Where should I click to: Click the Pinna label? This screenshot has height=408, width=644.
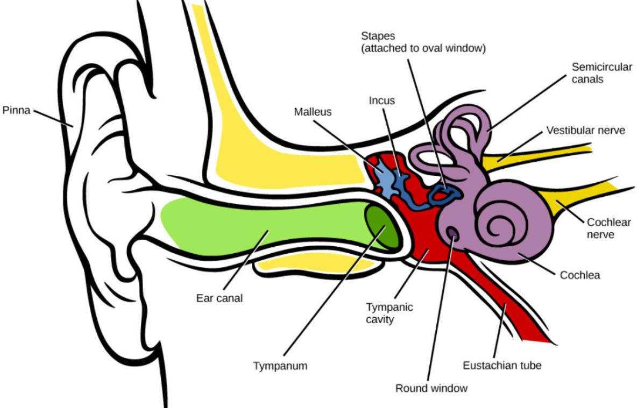click(x=17, y=110)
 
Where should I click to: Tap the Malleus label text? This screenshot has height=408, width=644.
click(x=313, y=112)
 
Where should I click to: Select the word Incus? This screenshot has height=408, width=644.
click(x=381, y=101)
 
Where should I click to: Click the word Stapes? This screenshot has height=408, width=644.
click(x=378, y=36)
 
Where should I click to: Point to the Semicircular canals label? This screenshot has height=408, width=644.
click(x=601, y=73)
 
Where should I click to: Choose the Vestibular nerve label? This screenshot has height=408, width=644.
click(x=586, y=131)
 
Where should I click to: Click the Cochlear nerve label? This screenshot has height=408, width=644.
click(x=608, y=228)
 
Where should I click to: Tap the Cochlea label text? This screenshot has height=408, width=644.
click(x=579, y=275)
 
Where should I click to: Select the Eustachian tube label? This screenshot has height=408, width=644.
click(x=502, y=366)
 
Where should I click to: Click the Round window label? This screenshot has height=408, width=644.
click(x=431, y=388)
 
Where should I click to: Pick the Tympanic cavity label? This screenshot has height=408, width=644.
click(x=389, y=313)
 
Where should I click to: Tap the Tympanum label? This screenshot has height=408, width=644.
click(x=280, y=366)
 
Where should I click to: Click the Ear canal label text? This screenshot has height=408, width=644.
click(x=220, y=298)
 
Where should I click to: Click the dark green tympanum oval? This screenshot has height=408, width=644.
click(x=382, y=226)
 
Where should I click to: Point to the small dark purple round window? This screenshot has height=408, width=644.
click(x=452, y=233)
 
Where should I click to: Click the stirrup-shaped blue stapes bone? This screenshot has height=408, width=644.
click(x=443, y=194)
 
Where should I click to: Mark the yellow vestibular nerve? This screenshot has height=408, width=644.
click(x=534, y=156)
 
